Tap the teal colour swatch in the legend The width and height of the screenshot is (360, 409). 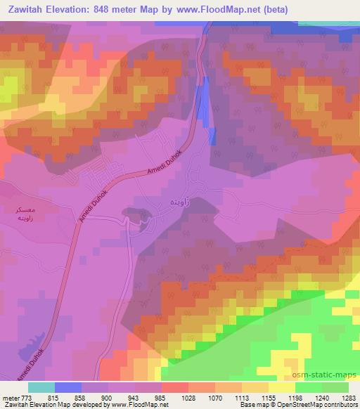pyautogui.click(x=41, y=387)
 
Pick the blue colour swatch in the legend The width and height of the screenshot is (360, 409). pyautogui.click(x=68, y=387)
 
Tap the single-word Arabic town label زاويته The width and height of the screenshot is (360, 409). pyautogui.click(x=174, y=202)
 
